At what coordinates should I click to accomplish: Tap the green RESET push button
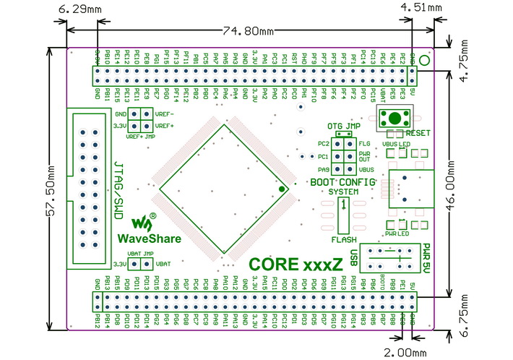tap(395, 118)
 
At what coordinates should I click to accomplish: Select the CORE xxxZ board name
tap(296, 265)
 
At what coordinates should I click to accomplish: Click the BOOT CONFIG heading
tap(342, 182)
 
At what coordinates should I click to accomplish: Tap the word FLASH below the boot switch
tap(343, 239)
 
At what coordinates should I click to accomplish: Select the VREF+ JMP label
tap(140, 136)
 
